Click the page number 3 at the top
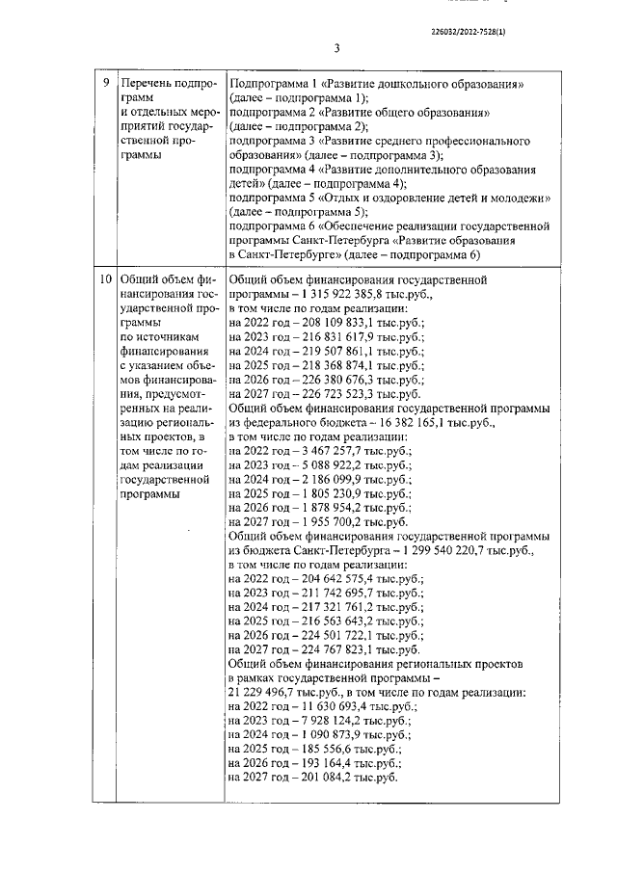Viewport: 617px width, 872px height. (x=337, y=48)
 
